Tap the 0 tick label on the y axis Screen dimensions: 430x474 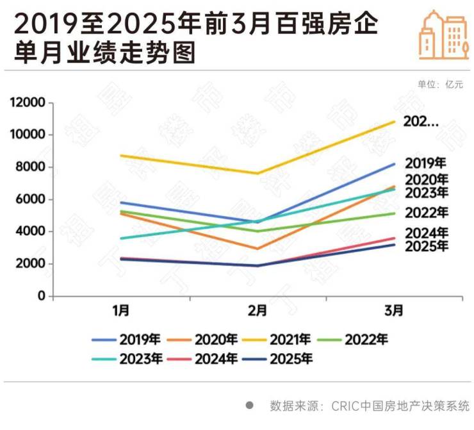42,297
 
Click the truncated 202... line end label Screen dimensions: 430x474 420,121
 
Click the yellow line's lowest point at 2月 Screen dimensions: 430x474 257,173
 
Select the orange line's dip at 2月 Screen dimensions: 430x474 257,249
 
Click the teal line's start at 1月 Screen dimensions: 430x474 121,238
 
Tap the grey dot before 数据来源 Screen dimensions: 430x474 250,406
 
